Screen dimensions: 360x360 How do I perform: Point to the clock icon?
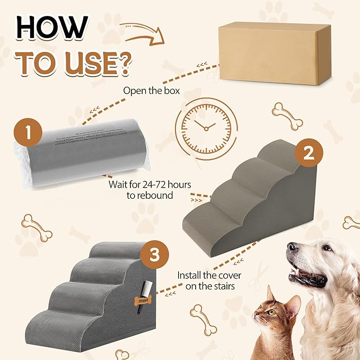pos(204,126)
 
